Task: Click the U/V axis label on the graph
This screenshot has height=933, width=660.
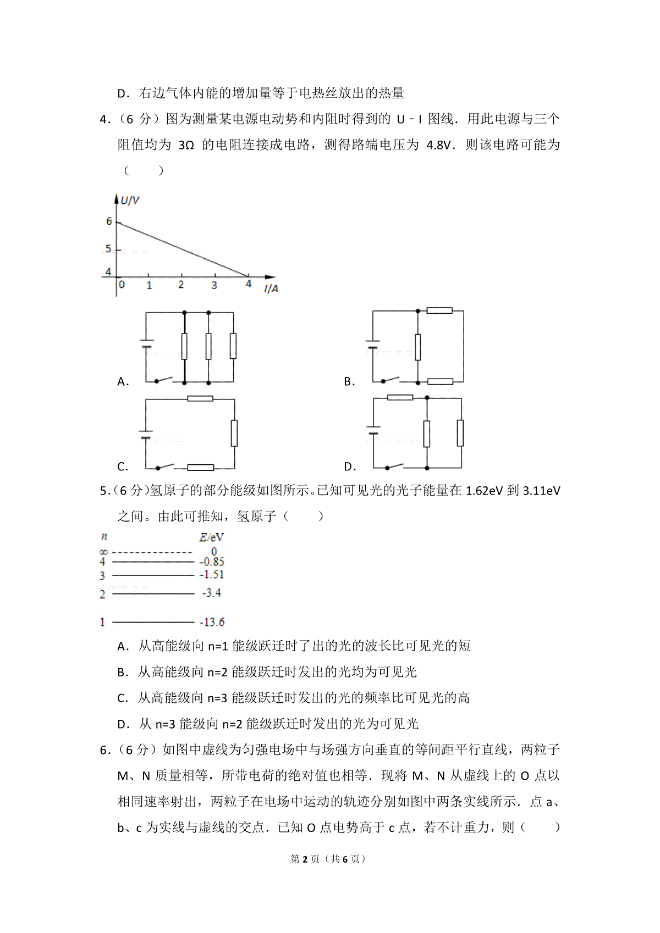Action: click(130, 201)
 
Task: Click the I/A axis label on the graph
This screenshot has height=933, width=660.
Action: click(271, 289)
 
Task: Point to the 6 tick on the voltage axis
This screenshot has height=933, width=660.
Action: click(109, 221)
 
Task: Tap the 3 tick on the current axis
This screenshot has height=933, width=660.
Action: click(214, 286)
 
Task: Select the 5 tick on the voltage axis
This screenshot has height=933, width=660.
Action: click(108, 249)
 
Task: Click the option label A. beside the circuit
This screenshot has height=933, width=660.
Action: click(123, 382)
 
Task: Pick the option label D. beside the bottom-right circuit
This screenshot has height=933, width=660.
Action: click(350, 467)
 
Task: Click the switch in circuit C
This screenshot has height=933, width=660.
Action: click(165, 466)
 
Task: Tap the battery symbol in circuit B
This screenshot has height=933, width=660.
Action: click(373, 345)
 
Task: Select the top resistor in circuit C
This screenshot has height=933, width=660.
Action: click(200, 398)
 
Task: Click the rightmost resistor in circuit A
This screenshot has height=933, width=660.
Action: click(233, 346)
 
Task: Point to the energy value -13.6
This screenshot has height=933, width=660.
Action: click(212, 623)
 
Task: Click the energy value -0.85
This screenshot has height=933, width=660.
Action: click(212, 562)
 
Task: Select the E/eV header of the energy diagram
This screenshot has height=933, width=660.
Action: click(211, 537)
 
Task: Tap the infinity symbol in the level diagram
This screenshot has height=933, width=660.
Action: click(103, 552)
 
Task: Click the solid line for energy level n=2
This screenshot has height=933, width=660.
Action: click(153, 593)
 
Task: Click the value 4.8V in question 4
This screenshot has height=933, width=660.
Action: click(438, 145)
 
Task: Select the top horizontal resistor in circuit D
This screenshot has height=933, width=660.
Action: click(400, 397)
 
